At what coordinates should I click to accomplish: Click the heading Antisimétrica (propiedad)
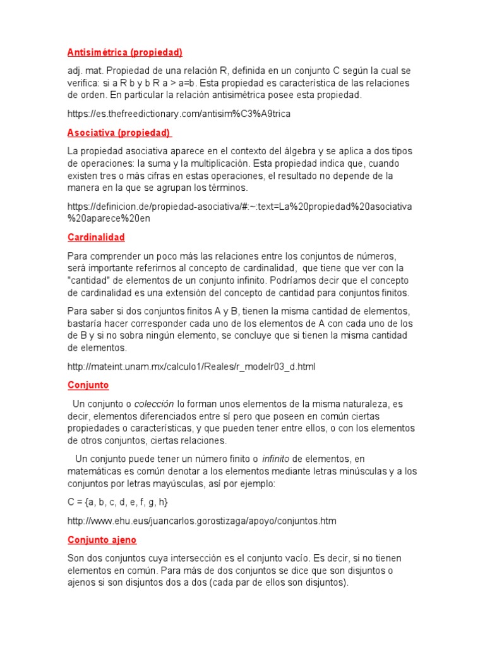(125, 52)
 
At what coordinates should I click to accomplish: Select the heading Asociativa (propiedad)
(119, 133)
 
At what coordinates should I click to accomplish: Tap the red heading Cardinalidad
(96, 238)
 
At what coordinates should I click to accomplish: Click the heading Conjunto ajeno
(102, 540)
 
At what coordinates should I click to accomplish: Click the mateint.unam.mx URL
(191, 366)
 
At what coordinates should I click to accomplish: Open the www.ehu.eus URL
(201, 521)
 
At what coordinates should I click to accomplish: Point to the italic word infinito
(276, 458)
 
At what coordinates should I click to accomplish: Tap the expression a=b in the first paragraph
(187, 83)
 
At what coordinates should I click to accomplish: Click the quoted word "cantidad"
(88, 281)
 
